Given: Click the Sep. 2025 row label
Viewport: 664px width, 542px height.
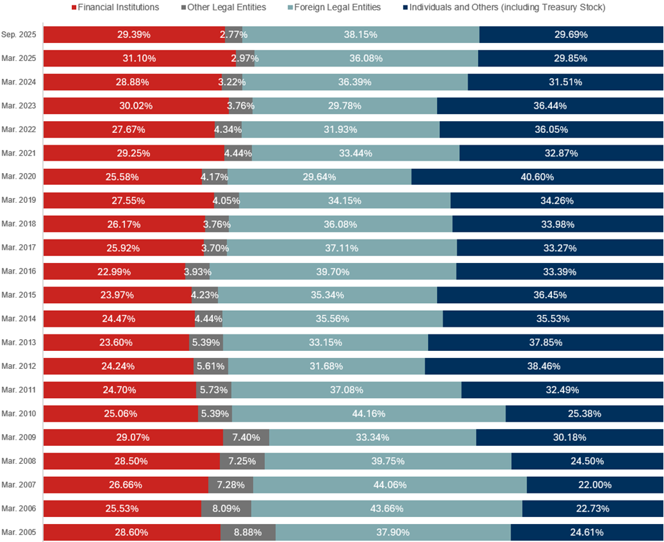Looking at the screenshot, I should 19,35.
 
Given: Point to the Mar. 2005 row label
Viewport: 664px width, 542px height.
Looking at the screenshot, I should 19,532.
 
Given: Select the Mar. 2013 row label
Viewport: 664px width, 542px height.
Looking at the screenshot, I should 19,342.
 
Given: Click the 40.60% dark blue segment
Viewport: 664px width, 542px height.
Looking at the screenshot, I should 537,177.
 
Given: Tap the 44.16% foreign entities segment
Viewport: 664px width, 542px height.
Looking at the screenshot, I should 369,414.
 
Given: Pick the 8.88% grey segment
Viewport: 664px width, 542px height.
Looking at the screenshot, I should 248,532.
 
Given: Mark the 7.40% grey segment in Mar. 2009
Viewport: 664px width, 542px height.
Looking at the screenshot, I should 246,437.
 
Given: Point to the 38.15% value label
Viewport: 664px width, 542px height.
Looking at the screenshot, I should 360,35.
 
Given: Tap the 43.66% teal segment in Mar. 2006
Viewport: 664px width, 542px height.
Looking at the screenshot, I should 386,509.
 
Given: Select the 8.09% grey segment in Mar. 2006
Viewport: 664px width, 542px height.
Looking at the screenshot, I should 226,509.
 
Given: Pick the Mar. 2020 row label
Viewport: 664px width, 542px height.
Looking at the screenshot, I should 19,177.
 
